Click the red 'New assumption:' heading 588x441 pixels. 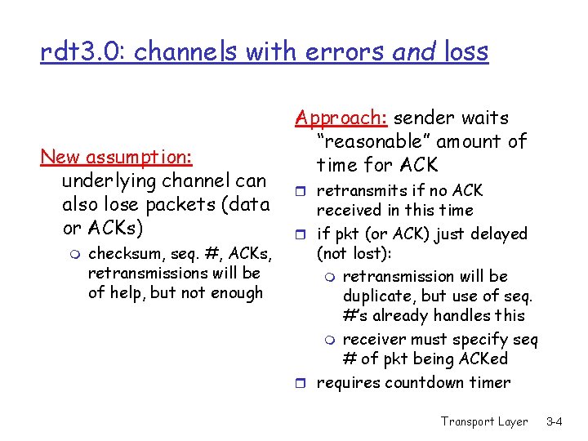116,156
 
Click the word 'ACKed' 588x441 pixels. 484,359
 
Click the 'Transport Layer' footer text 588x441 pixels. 484,421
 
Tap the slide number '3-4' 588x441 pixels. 554,421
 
